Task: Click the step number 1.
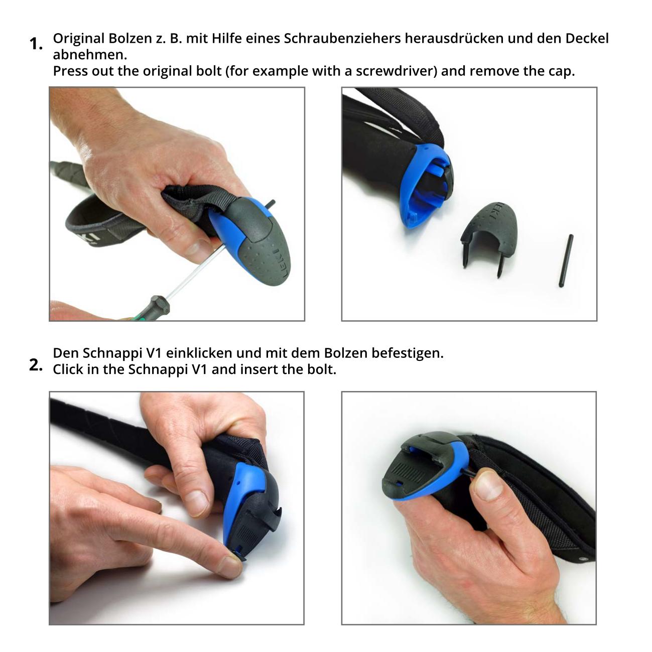36,44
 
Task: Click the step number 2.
36,365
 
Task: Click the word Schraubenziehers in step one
342,39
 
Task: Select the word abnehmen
90,55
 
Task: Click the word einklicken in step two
199,353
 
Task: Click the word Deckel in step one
587,39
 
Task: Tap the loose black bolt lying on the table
566,260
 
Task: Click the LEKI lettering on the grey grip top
281,264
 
